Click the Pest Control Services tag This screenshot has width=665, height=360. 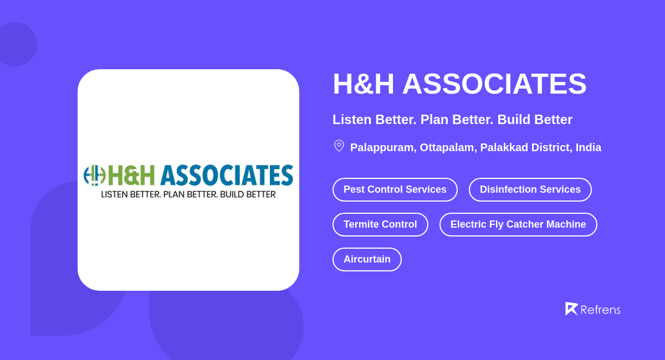tap(395, 189)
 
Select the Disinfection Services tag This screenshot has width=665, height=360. tap(530, 189)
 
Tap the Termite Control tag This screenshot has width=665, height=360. tap(380, 224)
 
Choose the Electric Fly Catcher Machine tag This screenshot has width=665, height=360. tap(518, 224)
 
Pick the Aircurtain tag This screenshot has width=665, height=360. tap(367, 259)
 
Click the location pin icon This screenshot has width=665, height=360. tap(339, 146)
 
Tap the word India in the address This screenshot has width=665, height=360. tap(588, 148)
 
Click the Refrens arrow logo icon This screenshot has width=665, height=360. tap(571, 308)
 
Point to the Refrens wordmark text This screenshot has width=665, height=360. tap(600, 310)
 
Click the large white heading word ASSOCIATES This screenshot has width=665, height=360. tap(494, 84)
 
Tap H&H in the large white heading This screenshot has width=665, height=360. tap(363, 84)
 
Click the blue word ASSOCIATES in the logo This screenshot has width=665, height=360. tap(226, 175)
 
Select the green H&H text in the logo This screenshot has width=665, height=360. tap(131, 175)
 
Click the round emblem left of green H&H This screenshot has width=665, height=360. tap(94, 175)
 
